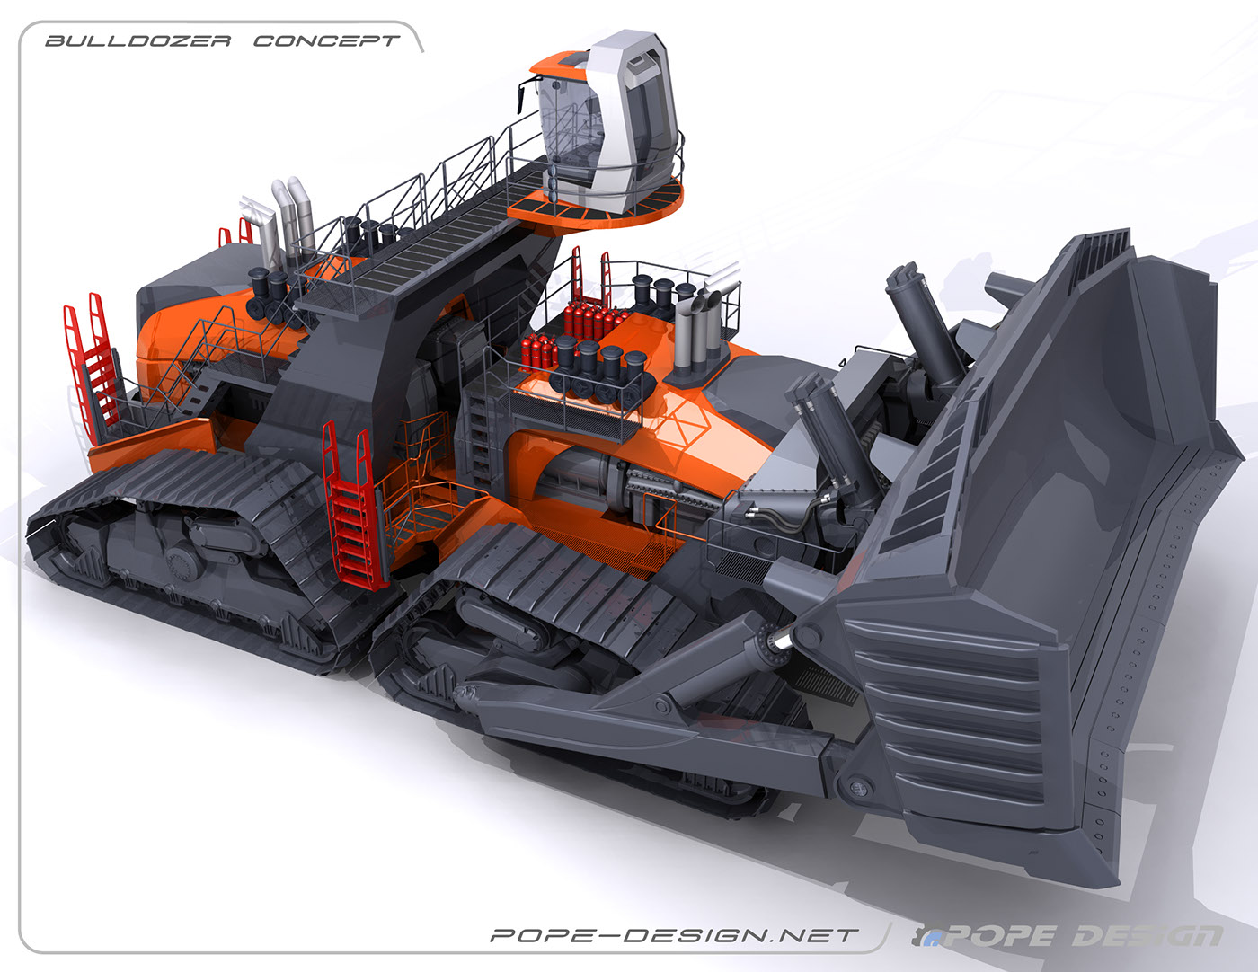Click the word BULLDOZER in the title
(138, 41)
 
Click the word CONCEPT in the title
(326, 41)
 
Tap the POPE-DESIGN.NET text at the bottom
(675, 935)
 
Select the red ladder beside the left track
(350, 503)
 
